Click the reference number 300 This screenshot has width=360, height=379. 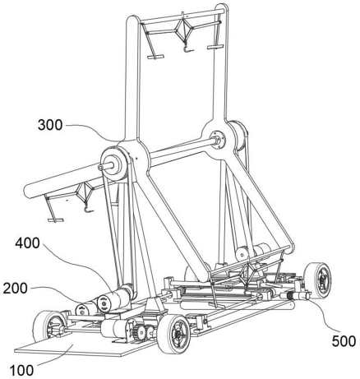[50, 125]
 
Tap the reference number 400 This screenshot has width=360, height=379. [27, 243]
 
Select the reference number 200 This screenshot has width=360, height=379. [16, 289]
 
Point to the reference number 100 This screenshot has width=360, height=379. [22, 371]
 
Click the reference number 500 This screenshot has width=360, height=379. [344, 341]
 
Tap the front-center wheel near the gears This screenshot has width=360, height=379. [173, 334]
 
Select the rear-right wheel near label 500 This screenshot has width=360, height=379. [318, 280]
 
